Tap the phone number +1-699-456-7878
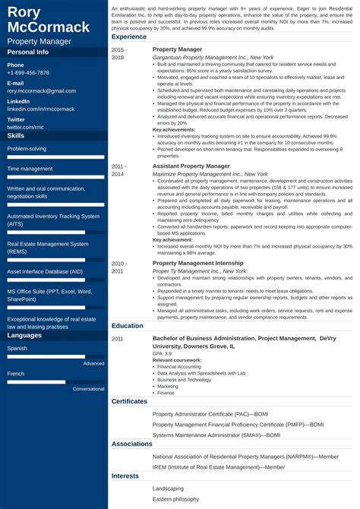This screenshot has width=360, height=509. (28, 73)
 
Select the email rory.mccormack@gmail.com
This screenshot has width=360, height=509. (42, 90)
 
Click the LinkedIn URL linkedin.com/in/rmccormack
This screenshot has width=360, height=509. (42, 109)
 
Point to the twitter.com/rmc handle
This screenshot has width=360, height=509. (27, 127)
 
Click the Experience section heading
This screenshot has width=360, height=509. (129, 36)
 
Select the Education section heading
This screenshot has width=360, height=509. (128, 325)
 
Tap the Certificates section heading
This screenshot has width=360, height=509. (130, 400)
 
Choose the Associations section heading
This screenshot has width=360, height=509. (132, 443)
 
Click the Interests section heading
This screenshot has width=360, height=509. (126, 476)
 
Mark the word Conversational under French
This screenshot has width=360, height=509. (88, 388)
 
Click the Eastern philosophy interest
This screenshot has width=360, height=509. (175, 499)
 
